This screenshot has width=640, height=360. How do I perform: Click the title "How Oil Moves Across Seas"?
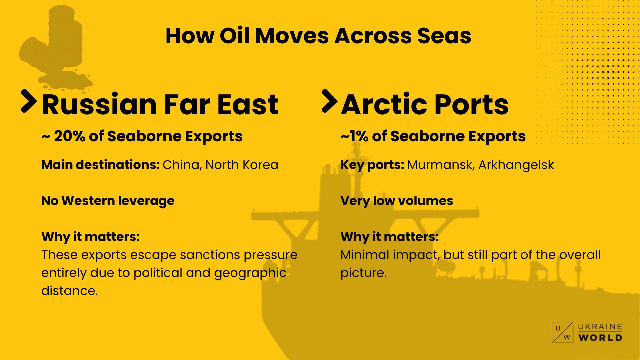point(318,36)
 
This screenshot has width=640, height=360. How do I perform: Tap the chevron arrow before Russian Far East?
point(29,101)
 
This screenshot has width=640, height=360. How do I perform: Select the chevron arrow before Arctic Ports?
point(330,101)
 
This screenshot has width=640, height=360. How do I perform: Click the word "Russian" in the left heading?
point(99,104)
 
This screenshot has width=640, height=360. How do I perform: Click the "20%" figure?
point(69,136)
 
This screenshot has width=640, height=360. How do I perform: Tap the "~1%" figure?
point(354,136)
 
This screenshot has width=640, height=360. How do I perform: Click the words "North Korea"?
point(242,165)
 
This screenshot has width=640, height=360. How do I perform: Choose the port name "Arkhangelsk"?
point(516,165)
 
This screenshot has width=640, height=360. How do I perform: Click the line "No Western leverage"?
point(108,201)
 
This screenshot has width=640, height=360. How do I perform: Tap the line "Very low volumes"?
point(397,201)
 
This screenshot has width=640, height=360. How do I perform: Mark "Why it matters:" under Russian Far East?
point(91,237)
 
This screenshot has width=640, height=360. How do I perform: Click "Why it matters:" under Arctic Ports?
point(390,237)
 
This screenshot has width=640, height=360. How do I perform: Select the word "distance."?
point(70,291)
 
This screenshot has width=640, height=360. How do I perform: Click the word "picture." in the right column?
point(364,273)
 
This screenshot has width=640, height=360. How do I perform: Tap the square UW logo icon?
point(562,332)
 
